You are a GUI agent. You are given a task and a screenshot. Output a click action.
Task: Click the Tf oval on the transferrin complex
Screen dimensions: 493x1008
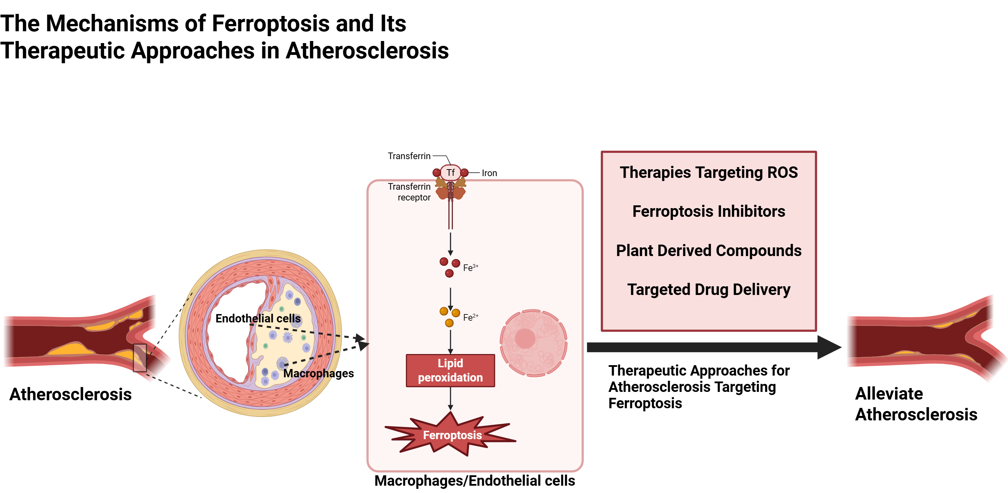pos(450,173)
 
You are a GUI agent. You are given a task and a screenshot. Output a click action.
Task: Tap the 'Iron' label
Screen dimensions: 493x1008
pos(489,173)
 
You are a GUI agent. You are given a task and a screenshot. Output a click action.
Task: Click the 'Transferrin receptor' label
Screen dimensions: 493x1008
pos(409,192)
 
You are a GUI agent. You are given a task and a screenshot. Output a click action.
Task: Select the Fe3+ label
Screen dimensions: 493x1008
pos(470,268)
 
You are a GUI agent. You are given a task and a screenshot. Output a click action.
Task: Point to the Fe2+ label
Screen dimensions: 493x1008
pos(470,317)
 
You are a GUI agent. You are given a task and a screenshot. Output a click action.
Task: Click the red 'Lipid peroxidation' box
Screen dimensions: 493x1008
pos(450,370)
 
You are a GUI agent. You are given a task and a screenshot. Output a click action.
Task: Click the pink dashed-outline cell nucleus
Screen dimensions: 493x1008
pos(533,343)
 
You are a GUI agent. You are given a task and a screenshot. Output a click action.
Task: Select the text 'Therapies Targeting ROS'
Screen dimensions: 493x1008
pos(709,173)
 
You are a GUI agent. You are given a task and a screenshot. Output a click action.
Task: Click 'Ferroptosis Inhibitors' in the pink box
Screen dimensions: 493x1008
pos(709,211)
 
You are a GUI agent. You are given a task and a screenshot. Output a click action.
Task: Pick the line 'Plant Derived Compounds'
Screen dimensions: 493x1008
pos(709,250)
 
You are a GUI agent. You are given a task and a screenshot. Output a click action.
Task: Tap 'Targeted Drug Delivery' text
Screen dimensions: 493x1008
pos(709,289)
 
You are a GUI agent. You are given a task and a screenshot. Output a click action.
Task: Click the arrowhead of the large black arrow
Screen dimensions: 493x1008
pos(828,347)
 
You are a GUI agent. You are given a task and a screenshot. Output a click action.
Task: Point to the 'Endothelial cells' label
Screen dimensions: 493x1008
pos(258,319)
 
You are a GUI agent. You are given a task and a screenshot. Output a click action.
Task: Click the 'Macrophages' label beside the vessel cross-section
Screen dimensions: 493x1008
pos(318,373)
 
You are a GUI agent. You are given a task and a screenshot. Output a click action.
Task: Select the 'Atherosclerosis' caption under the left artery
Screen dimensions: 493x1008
pos(71,394)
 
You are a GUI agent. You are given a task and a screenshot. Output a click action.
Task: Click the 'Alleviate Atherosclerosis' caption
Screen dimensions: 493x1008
pos(916,404)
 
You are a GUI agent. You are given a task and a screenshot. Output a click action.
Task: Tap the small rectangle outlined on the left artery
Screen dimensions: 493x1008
pos(140,358)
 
